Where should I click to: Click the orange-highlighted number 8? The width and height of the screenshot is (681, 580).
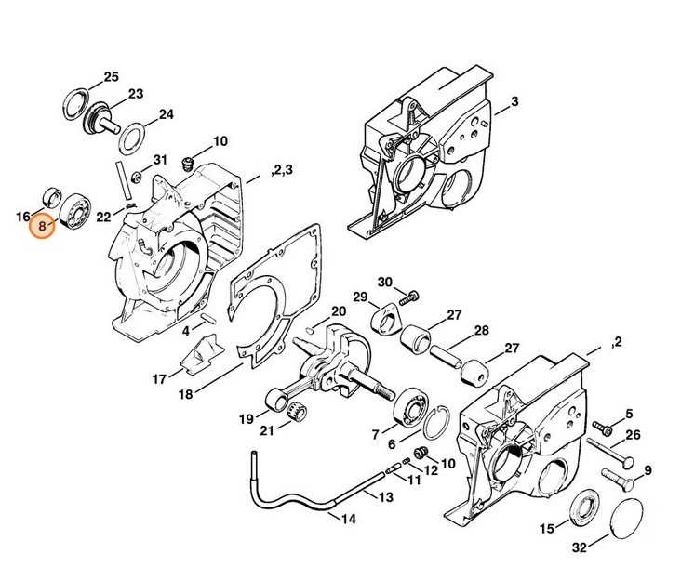tap(42, 225)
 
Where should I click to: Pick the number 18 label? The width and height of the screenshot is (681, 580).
tap(186, 394)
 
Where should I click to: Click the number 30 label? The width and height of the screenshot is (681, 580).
tap(385, 283)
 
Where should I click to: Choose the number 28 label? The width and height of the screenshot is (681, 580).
tap(482, 331)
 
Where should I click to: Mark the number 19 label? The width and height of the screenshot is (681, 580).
tap(247, 418)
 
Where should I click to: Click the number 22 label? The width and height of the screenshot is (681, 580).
tap(104, 217)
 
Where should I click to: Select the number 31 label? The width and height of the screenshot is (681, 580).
tap(159, 160)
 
